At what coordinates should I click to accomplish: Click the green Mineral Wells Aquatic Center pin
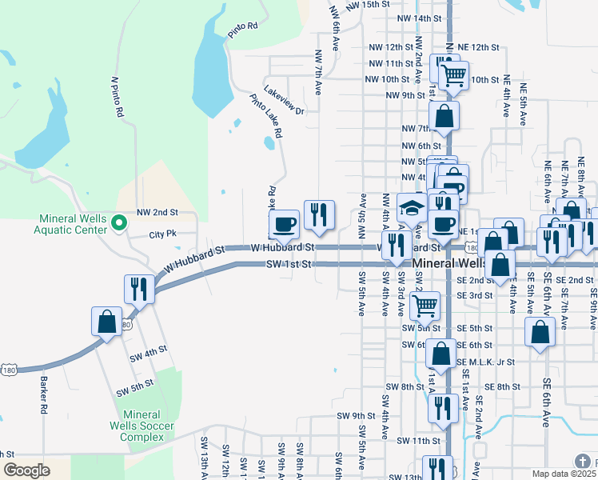point(119,222)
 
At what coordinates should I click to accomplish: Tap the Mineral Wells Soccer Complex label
point(142,426)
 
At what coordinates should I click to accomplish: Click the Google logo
point(26,470)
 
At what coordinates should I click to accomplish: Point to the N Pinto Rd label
point(118,98)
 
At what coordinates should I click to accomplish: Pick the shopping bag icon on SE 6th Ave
point(540,331)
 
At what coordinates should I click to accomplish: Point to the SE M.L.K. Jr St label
point(487,362)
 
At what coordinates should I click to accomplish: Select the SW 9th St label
point(356,416)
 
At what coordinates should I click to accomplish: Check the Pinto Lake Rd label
point(266,117)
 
